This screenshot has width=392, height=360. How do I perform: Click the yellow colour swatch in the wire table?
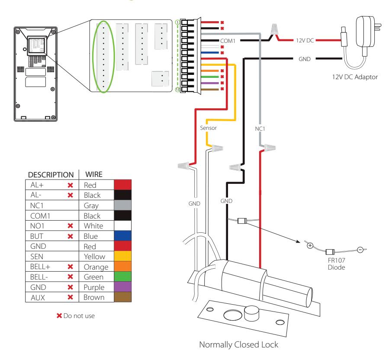pyautogui.click(x=122, y=256)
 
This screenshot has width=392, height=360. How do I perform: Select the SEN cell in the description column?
pyautogui.click(x=37, y=257)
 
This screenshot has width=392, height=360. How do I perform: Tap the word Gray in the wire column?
pyautogui.click(x=91, y=206)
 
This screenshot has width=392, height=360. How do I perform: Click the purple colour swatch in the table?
pyautogui.click(x=122, y=287)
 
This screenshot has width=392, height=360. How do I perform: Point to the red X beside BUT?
pyautogui.click(x=70, y=236)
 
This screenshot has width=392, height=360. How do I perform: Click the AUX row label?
pyautogui.click(x=38, y=298)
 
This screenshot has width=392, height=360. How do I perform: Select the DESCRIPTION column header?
pyautogui.click(x=51, y=174)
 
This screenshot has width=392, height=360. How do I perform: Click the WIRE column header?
pyautogui.click(x=94, y=174)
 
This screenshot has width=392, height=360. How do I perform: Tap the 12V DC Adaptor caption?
pyautogui.click(x=355, y=77)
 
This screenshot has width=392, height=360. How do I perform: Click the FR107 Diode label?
pyautogui.click(x=336, y=264)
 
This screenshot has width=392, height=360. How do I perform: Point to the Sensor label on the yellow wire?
pyautogui.click(x=208, y=128)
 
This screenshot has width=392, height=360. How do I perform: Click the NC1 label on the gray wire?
pyautogui.click(x=260, y=129)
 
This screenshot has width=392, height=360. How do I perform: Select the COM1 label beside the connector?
pyautogui.click(x=228, y=41)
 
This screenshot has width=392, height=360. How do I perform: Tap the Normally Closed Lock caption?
pyautogui.click(x=239, y=344)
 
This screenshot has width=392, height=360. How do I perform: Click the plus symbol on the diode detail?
pyautogui.click(x=310, y=245)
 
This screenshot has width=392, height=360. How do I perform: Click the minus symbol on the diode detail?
pyautogui.click(x=360, y=250)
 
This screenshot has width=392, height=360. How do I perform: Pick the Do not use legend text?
pyautogui.click(x=79, y=316)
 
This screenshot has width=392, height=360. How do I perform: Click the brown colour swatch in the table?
pyautogui.click(x=122, y=297)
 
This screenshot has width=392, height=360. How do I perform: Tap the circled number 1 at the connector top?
pyautogui.click(x=177, y=22)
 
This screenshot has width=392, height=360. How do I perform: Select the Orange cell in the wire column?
pyautogui.click(x=96, y=267)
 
